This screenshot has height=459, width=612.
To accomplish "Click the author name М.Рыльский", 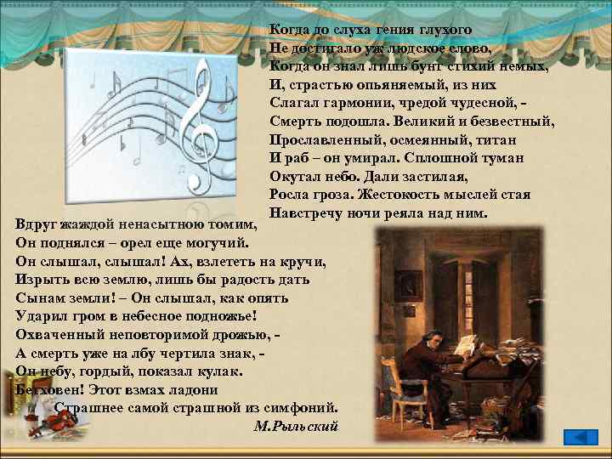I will [x=297, y=425].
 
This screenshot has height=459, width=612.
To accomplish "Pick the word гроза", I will [x=339, y=195].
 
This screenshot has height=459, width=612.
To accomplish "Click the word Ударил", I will [x=43, y=316].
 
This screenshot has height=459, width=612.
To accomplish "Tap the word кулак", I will [x=218, y=371].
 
